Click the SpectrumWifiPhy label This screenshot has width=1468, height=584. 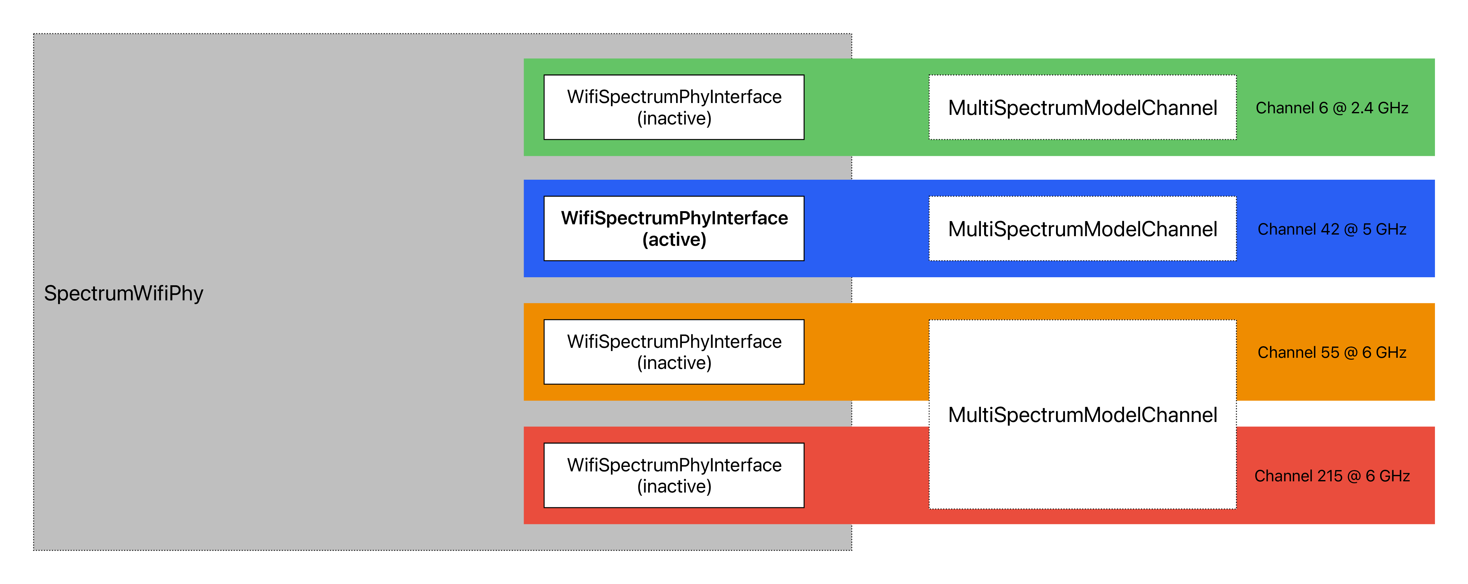123,293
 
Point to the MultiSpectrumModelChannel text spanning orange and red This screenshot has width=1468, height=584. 1082,415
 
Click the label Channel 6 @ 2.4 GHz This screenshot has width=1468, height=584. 1332,108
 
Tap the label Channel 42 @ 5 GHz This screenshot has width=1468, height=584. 1332,229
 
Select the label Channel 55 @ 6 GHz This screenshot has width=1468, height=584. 1332,352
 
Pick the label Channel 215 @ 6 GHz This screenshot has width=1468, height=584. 1332,476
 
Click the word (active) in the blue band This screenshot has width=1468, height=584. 674,240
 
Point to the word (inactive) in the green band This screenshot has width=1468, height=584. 674,118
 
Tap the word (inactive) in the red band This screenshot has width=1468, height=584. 674,486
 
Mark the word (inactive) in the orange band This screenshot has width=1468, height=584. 674,363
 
